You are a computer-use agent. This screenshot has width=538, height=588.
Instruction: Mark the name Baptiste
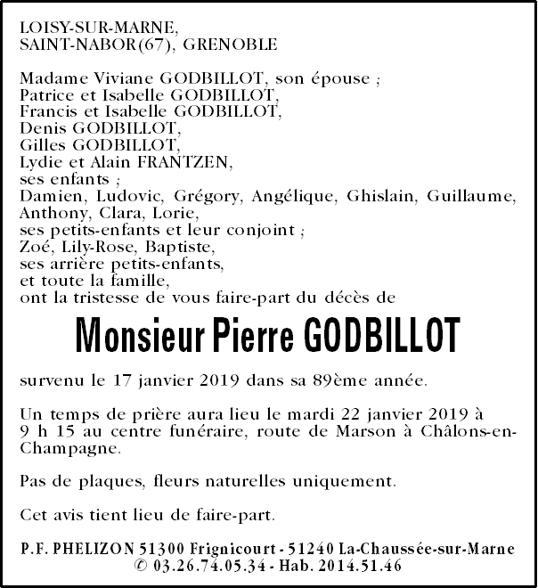[157, 247]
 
